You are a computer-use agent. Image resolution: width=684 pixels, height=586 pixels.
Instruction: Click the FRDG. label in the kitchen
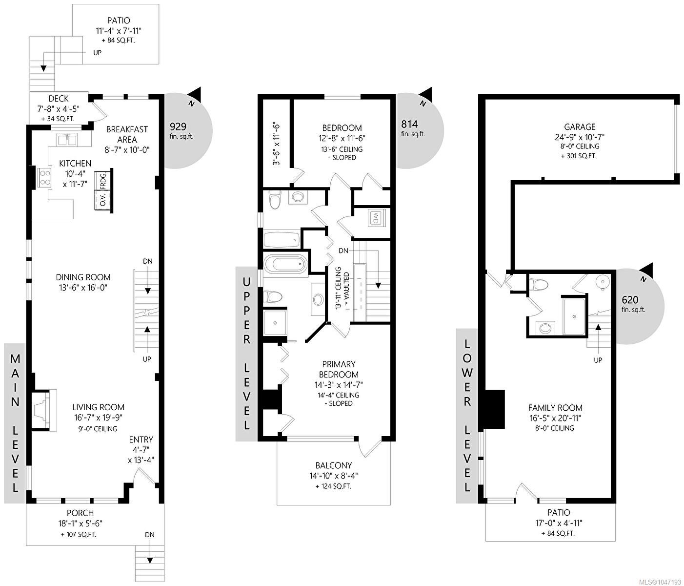click(x=103, y=181)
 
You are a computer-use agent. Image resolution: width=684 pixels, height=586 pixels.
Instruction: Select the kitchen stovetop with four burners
click(x=44, y=178)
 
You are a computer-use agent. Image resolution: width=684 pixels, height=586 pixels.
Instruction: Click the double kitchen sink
click(x=68, y=140)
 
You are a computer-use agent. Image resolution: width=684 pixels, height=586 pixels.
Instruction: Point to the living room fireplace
click(x=44, y=410)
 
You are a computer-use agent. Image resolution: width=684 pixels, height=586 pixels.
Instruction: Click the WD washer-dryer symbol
click(x=375, y=218)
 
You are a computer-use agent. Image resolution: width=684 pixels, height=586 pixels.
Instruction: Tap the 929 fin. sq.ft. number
click(x=178, y=126)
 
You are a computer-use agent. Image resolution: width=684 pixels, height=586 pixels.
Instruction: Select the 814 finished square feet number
click(x=409, y=124)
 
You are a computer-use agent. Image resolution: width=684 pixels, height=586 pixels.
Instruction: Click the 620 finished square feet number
click(x=630, y=300)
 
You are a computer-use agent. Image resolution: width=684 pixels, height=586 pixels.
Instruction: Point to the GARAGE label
click(x=580, y=127)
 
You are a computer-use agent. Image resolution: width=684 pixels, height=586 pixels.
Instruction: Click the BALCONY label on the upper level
click(x=333, y=465)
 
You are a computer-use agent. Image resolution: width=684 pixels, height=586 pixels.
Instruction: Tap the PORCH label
click(x=80, y=513)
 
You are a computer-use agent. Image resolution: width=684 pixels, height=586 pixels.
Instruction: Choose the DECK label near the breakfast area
click(x=59, y=99)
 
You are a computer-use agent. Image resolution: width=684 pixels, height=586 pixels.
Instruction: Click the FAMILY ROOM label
click(x=555, y=408)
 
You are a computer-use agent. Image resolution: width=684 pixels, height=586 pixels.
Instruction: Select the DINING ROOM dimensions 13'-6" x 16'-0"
click(x=83, y=288)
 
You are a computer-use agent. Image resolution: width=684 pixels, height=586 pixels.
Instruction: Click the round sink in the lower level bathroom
click(x=602, y=282)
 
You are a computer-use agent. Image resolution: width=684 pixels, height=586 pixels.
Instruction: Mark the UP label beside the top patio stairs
click(x=97, y=53)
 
